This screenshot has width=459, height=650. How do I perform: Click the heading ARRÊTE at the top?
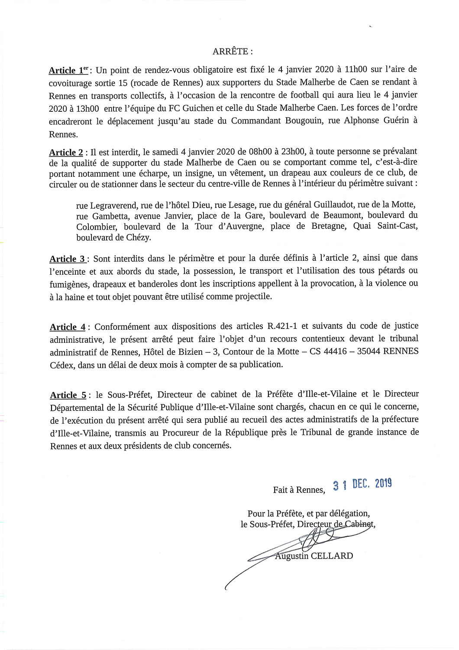point(233,52)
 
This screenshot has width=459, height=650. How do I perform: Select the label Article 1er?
point(69,70)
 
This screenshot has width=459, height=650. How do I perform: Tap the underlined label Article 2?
point(66,152)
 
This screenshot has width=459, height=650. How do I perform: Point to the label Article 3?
point(68,259)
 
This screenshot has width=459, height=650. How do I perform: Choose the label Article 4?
point(68,327)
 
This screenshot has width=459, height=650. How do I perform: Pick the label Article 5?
point(68,395)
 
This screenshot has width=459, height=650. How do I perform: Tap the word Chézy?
point(138,237)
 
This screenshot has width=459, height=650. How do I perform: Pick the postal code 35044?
point(369,351)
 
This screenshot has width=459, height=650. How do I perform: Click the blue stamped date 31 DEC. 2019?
point(362,484)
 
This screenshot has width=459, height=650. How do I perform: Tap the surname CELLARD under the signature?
point(332,556)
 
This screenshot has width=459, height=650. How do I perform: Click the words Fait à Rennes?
point(299,490)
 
